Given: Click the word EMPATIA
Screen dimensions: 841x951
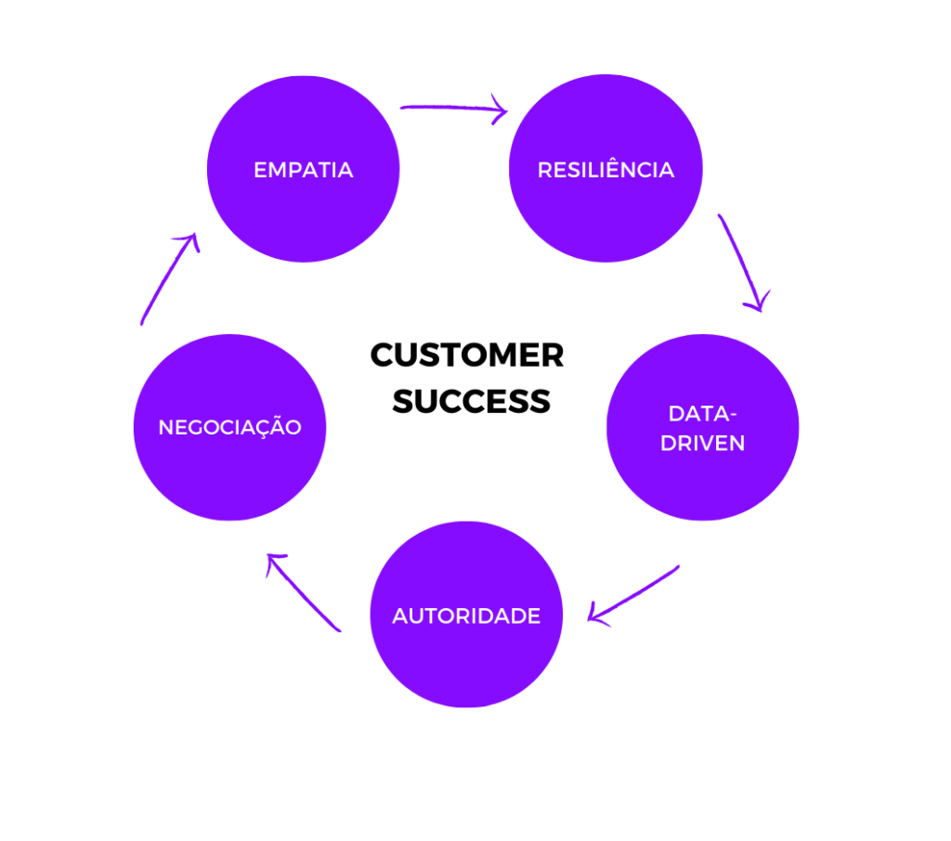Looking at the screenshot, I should point(303,171).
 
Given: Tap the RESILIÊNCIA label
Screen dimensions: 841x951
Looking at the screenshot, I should point(606,171).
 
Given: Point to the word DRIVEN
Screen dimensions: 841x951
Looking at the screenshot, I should point(702,444).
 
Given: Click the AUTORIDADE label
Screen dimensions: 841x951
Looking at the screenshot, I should point(466,616).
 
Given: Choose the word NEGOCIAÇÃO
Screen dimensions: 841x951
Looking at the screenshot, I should point(229,428).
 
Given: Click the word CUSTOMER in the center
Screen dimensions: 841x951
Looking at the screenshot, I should point(467,356).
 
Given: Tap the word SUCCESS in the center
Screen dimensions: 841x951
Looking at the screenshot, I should point(471,401).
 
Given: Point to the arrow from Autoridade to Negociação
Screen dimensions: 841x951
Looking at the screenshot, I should point(303,591).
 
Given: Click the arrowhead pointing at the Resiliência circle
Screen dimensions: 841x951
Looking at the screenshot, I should point(500,111).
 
